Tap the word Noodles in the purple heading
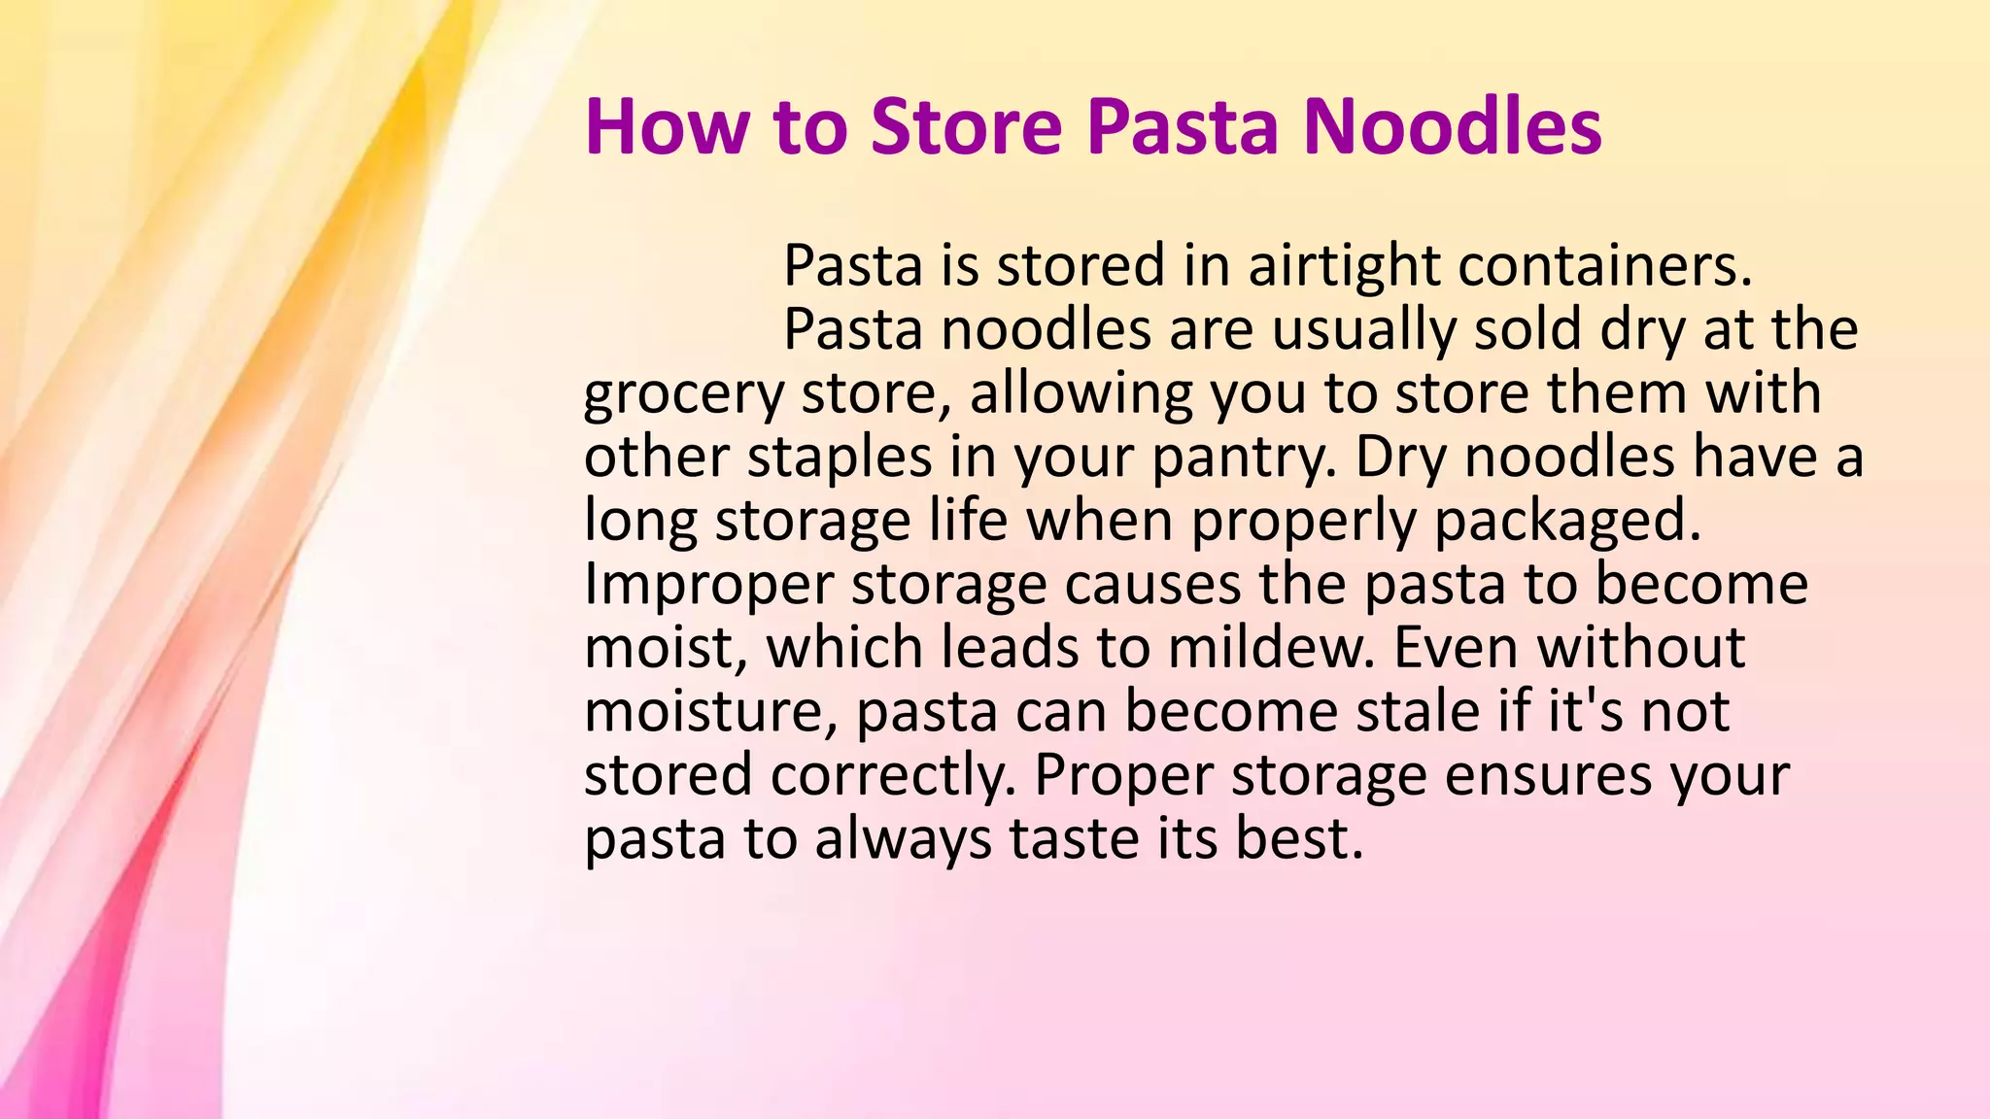point(1452,127)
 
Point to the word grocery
point(683,394)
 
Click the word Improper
point(708,585)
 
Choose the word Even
point(1456,648)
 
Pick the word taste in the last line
point(1074,839)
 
